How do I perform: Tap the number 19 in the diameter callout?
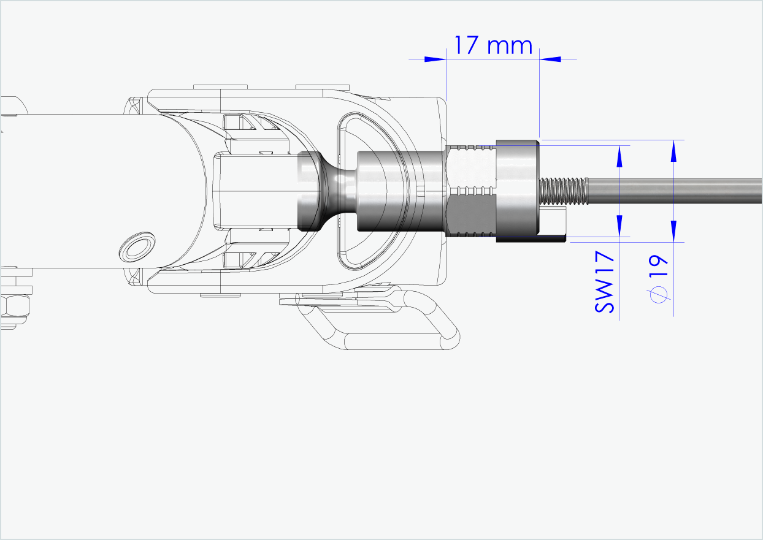click(x=658, y=267)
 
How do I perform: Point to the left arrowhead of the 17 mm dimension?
click(x=435, y=59)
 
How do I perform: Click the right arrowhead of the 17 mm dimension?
click(x=551, y=59)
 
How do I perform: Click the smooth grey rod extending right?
click(x=675, y=191)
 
